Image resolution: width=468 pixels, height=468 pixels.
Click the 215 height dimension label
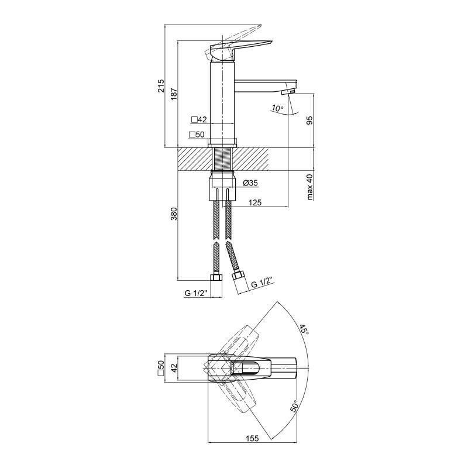[161, 86]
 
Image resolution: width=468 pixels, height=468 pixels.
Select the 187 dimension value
[174, 94]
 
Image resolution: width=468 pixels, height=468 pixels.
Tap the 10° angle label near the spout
[277, 108]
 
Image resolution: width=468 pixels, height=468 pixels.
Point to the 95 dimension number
[309, 120]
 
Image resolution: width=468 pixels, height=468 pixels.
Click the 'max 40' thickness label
[310, 187]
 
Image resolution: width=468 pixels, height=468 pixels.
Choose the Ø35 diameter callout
[250, 183]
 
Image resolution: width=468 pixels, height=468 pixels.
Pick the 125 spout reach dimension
[255, 202]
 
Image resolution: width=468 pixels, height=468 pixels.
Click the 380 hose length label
[174, 214]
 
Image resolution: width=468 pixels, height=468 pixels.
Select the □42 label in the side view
[199, 120]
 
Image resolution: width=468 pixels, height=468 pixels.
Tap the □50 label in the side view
[197, 135]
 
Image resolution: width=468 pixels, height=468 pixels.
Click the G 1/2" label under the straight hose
[196, 294]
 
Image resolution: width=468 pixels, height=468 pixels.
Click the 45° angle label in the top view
[304, 329]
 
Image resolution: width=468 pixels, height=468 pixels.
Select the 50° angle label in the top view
[294, 406]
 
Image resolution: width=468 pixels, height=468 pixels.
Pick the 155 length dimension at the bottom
[252, 438]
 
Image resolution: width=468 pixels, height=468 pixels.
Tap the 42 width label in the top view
[174, 367]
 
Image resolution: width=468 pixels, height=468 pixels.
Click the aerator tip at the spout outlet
[288, 92]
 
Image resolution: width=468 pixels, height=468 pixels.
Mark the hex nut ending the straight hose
[216, 278]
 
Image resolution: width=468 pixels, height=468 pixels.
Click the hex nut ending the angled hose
[239, 274]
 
